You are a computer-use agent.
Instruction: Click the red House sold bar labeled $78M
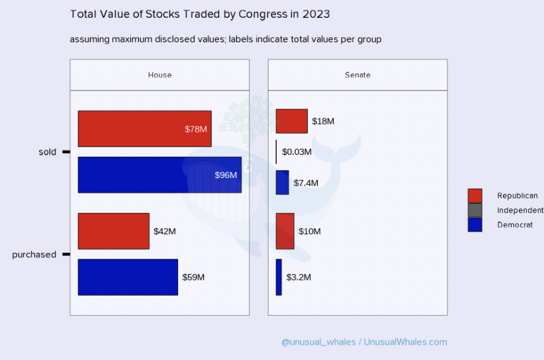coord(144,128)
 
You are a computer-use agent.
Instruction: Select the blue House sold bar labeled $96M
coord(159,175)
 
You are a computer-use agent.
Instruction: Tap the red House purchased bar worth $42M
coord(113,231)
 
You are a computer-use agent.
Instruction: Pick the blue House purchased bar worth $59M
coord(128,277)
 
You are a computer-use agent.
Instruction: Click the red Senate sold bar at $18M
coord(291,121)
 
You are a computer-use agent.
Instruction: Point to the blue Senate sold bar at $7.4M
coord(282,182)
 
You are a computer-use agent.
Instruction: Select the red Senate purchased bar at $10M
coord(285,231)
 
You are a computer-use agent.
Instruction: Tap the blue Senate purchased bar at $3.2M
coord(279,277)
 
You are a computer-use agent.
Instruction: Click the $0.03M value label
coord(296,152)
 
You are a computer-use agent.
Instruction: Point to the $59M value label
coord(193,277)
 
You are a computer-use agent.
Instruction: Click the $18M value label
coord(323,122)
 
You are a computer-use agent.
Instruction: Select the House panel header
coord(159,75)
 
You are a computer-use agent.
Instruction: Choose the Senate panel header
coord(357,75)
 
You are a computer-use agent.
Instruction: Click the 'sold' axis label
coord(48,152)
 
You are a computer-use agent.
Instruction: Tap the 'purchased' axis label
coord(34,255)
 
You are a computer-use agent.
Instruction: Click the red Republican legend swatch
coord(475,195)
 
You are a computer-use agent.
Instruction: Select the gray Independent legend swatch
coord(475,210)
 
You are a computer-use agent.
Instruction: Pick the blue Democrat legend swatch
coord(475,224)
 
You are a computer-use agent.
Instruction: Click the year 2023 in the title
coord(317,14)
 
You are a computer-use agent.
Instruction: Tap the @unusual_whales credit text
coord(318,342)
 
